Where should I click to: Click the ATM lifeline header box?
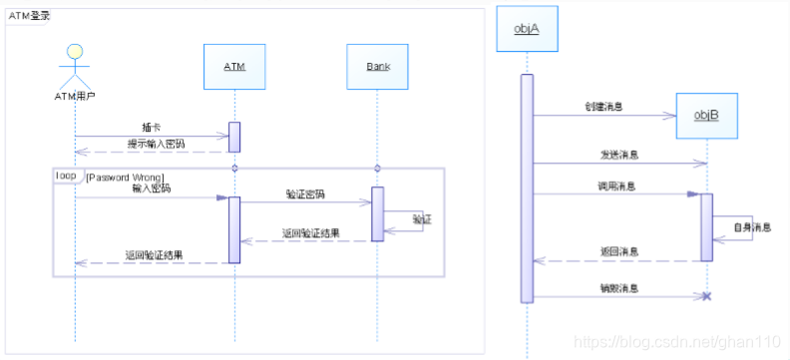click(233, 67)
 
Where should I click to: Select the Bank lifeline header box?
click(378, 67)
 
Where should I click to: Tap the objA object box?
click(526, 28)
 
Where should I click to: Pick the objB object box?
click(707, 116)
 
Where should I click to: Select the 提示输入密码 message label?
click(157, 145)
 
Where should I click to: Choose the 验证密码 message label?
click(304, 193)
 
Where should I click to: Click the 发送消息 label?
click(618, 156)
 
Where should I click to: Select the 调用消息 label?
click(617, 185)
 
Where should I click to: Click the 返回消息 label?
click(618, 251)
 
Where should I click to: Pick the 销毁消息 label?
click(618, 287)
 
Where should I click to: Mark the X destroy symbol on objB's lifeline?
click(706, 297)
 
